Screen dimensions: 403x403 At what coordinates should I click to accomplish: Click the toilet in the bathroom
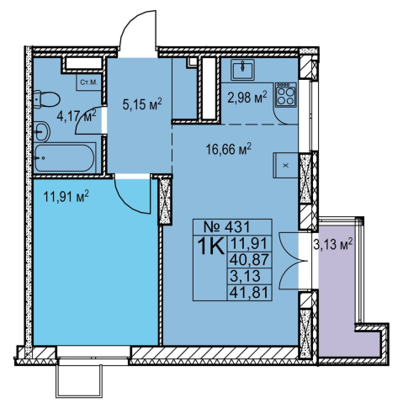click(46, 99)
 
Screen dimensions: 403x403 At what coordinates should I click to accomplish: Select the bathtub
click(64, 158)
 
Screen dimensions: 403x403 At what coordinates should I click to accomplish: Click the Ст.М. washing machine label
click(88, 82)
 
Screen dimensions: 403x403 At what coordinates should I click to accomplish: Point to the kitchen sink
click(242, 70)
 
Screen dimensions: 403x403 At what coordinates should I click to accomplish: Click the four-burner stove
click(285, 95)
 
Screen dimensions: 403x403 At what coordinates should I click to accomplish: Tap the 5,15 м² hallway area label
click(142, 104)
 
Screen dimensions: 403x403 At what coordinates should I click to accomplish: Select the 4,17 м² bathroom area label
click(77, 115)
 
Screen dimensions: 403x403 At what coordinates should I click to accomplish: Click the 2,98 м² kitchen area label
click(247, 98)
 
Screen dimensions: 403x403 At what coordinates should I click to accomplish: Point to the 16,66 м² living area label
click(229, 149)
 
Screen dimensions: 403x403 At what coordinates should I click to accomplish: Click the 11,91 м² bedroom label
click(66, 196)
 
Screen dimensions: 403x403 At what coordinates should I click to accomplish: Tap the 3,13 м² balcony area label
click(332, 244)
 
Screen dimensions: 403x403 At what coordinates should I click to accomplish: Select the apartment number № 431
click(226, 226)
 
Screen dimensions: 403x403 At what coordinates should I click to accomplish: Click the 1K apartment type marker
click(211, 246)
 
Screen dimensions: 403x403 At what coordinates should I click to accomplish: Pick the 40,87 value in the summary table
click(249, 260)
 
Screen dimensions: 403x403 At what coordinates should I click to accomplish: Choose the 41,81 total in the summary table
click(249, 293)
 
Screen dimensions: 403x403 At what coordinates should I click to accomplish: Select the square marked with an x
click(285, 166)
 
